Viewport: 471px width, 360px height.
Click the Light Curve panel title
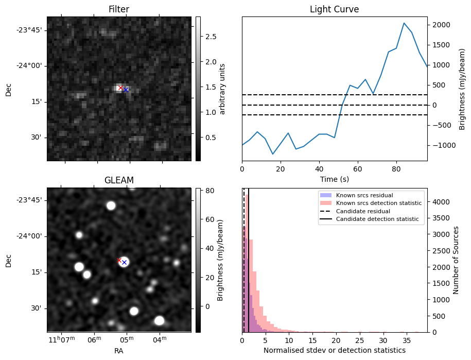pos(334,9)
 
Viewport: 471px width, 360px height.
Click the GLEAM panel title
pos(119,180)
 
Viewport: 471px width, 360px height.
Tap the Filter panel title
pos(119,9)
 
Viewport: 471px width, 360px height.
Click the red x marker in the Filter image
pos(120,88)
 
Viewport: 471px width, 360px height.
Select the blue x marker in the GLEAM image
pos(124,262)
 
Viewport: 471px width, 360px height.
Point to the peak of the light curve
pos(404,23)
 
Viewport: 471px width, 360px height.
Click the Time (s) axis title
pos(334,178)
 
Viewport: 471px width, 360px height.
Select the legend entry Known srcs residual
pos(364,196)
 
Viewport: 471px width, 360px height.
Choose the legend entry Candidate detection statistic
pos(376,219)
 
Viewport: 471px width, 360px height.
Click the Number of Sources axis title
pos(456,260)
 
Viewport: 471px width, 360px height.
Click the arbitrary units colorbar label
pos(222,89)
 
